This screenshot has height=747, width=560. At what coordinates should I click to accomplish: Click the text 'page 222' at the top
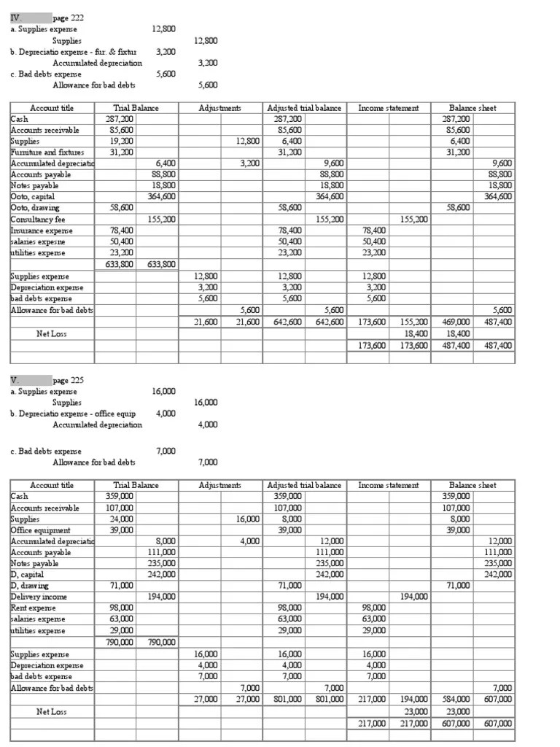tap(68, 17)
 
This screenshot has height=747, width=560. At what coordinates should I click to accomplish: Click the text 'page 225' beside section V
tap(68, 380)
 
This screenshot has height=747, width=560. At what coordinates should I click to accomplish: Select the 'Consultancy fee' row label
tap(38, 219)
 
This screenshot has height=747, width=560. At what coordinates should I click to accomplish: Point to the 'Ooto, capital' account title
tap(33, 196)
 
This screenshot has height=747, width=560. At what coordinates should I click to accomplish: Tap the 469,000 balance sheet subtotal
tap(456, 321)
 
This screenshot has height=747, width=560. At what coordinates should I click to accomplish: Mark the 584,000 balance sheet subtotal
tap(456, 699)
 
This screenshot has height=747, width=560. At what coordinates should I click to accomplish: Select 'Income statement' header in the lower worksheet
tap(389, 485)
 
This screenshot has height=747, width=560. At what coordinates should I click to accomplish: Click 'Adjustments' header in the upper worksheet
tap(220, 108)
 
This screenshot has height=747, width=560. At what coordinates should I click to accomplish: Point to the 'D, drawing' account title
tap(30, 585)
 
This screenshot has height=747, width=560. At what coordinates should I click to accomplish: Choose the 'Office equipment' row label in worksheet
tap(40, 530)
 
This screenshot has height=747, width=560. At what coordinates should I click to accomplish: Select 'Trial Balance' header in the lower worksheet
tap(136, 485)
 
